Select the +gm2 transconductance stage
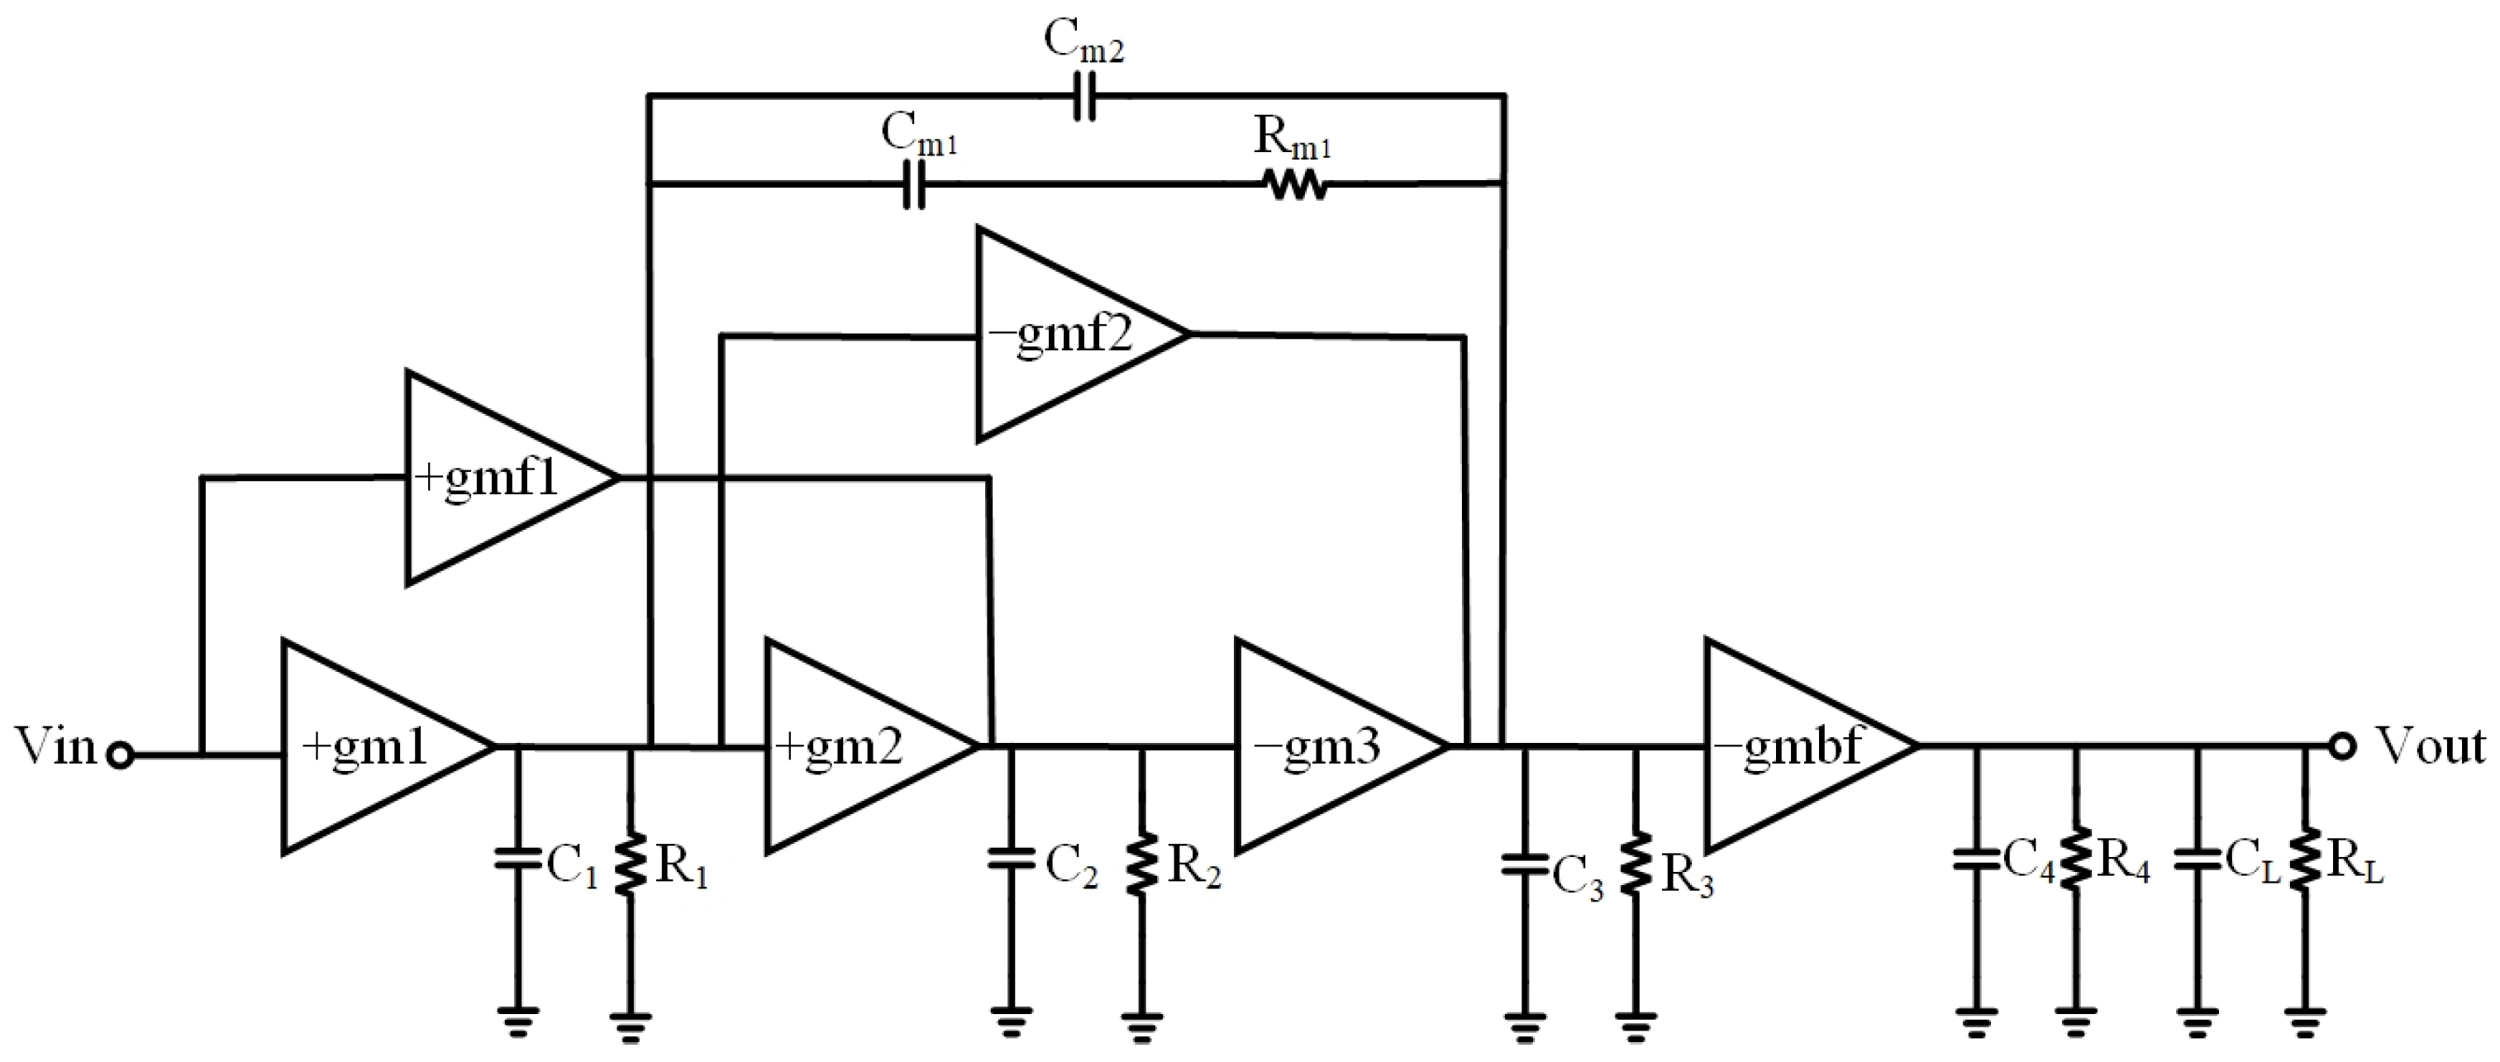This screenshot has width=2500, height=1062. (854, 746)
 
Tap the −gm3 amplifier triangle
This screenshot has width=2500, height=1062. (1325, 746)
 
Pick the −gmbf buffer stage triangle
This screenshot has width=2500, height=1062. (1795, 746)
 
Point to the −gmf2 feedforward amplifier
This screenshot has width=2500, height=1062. (1068, 335)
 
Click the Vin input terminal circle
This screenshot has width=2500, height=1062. (121, 755)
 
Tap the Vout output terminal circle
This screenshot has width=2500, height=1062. (2342, 745)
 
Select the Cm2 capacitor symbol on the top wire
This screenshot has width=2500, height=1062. (1085, 96)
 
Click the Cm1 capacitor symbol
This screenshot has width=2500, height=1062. (913, 184)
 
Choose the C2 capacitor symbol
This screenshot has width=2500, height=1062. (1012, 860)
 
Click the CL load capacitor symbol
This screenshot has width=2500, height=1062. (2198, 860)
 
